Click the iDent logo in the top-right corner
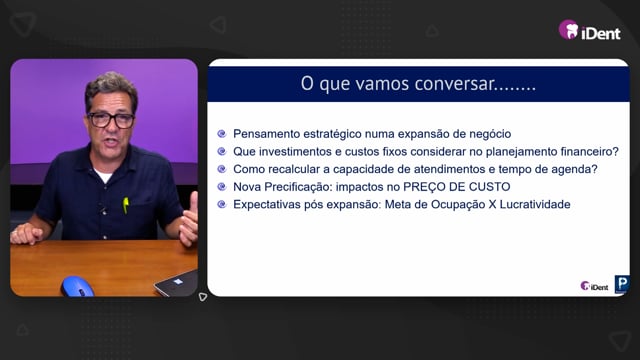click(589, 30)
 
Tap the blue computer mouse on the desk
click(77, 287)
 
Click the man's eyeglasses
click(111, 120)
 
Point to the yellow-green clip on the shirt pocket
click(126, 205)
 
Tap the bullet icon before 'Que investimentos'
click(222, 151)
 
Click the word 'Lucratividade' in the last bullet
click(535, 204)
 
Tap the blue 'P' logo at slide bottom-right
click(622, 284)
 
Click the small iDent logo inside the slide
click(594, 287)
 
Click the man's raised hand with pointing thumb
click(189, 221)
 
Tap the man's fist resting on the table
click(26, 233)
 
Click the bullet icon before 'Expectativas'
click(222, 204)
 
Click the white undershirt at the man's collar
click(102, 175)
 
